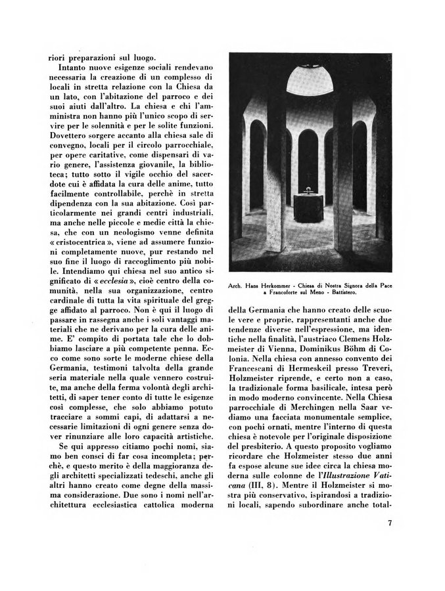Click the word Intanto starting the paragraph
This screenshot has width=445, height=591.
click(76, 67)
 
